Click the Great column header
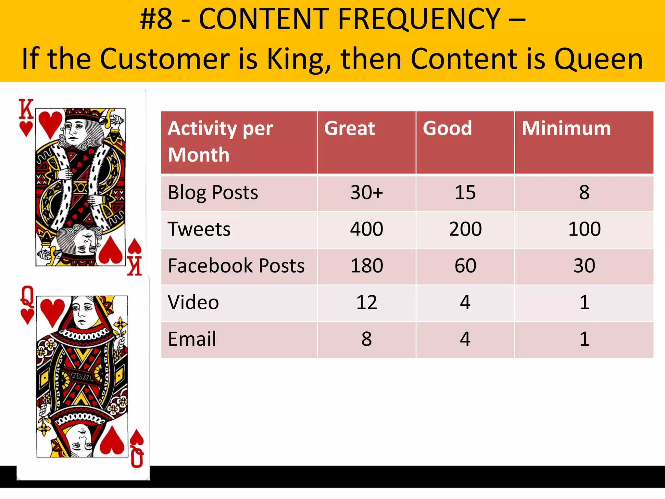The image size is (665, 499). pos(349,128)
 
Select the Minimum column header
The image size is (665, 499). pos(566,128)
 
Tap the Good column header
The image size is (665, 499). pos(447,128)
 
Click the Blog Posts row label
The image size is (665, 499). pos(213,192)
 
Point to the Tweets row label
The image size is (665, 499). pos(199,229)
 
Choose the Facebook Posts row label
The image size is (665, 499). pos(236,266)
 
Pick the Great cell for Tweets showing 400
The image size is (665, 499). pos(366,229)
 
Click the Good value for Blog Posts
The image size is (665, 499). pos(465,192)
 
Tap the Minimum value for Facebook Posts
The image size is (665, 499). pos(584,266)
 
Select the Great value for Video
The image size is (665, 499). pos(366,302)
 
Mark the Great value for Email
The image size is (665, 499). pos(366,339)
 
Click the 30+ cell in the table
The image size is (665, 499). pos(366,192)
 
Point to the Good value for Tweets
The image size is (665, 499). pos(465,229)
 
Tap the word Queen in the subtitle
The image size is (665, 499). pos(598,59)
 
